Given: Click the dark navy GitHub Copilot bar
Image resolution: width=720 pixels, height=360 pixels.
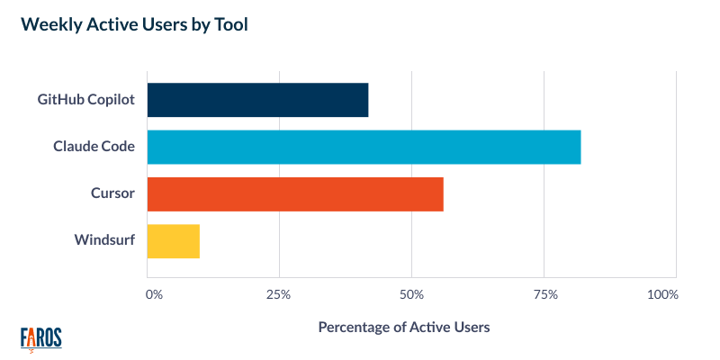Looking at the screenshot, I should (x=257, y=99).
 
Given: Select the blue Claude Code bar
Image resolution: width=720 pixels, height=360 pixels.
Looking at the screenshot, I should (x=364, y=147).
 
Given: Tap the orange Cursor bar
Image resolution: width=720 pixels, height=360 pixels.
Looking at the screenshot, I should (x=294, y=193).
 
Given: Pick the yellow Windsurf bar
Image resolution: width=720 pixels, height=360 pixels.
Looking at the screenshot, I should (x=173, y=241).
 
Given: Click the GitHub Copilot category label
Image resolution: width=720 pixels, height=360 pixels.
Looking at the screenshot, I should (x=86, y=99).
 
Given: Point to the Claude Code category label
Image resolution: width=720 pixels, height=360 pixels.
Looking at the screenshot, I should (x=94, y=147).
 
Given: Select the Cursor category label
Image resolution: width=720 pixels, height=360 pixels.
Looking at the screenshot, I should (x=112, y=193).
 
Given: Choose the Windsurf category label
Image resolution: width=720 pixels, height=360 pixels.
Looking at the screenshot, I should (x=104, y=241).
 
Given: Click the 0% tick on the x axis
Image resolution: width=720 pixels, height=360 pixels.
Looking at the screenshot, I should (x=154, y=294).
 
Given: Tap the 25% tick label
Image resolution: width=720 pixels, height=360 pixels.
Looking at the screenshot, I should (x=279, y=294).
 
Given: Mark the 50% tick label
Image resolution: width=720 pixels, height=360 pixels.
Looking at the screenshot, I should (x=411, y=294).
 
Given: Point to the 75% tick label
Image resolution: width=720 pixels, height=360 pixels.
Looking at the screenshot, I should (x=544, y=294).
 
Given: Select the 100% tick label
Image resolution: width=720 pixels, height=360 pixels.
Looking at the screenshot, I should (x=662, y=294).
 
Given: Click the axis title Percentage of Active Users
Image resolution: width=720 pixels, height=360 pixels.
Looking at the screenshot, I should (x=404, y=328).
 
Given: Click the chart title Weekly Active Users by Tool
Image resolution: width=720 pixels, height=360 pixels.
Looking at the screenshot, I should (x=134, y=25).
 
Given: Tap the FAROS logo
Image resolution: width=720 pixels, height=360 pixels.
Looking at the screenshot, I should (x=40, y=337).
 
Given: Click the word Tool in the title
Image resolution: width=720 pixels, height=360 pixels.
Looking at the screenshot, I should (x=230, y=25).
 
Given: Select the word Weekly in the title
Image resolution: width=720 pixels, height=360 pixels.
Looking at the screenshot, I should (x=49, y=25).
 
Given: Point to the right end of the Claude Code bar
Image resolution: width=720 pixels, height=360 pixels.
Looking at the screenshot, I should (x=578, y=147).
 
